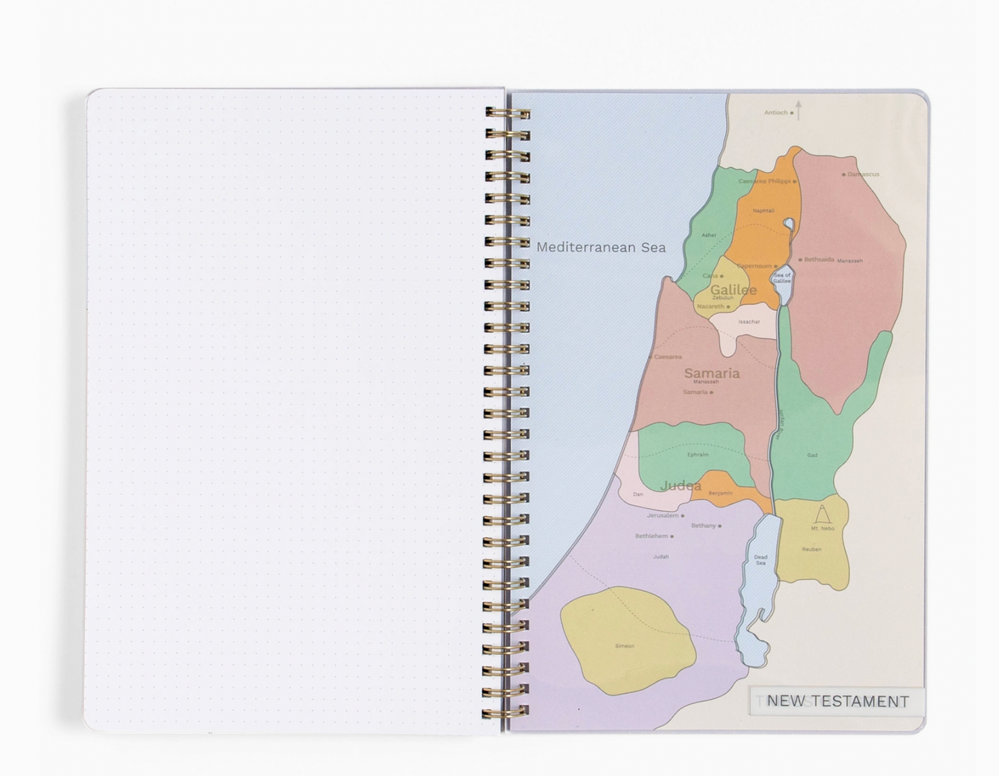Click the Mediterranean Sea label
click(x=601, y=247)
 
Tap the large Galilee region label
click(x=733, y=290)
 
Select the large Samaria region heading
click(x=711, y=373)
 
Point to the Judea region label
click(x=680, y=486)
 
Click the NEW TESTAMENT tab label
click(x=837, y=701)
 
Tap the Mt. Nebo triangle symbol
click(x=822, y=515)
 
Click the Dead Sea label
click(x=760, y=560)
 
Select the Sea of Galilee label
click(x=782, y=278)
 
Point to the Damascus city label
click(x=863, y=174)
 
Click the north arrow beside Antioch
click(x=799, y=110)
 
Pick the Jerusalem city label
click(x=662, y=515)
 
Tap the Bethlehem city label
click(x=651, y=536)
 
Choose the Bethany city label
click(x=703, y=526)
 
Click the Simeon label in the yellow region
click(x=624, y=646)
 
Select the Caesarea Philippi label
click(x=764, y=181)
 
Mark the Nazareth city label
click(x=710, y=306)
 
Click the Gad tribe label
click(x=812, y=455)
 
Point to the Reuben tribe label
click(x=812, y=549)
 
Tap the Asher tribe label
click(x=709, y=235)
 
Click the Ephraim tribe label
click(x=698, y=455)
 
